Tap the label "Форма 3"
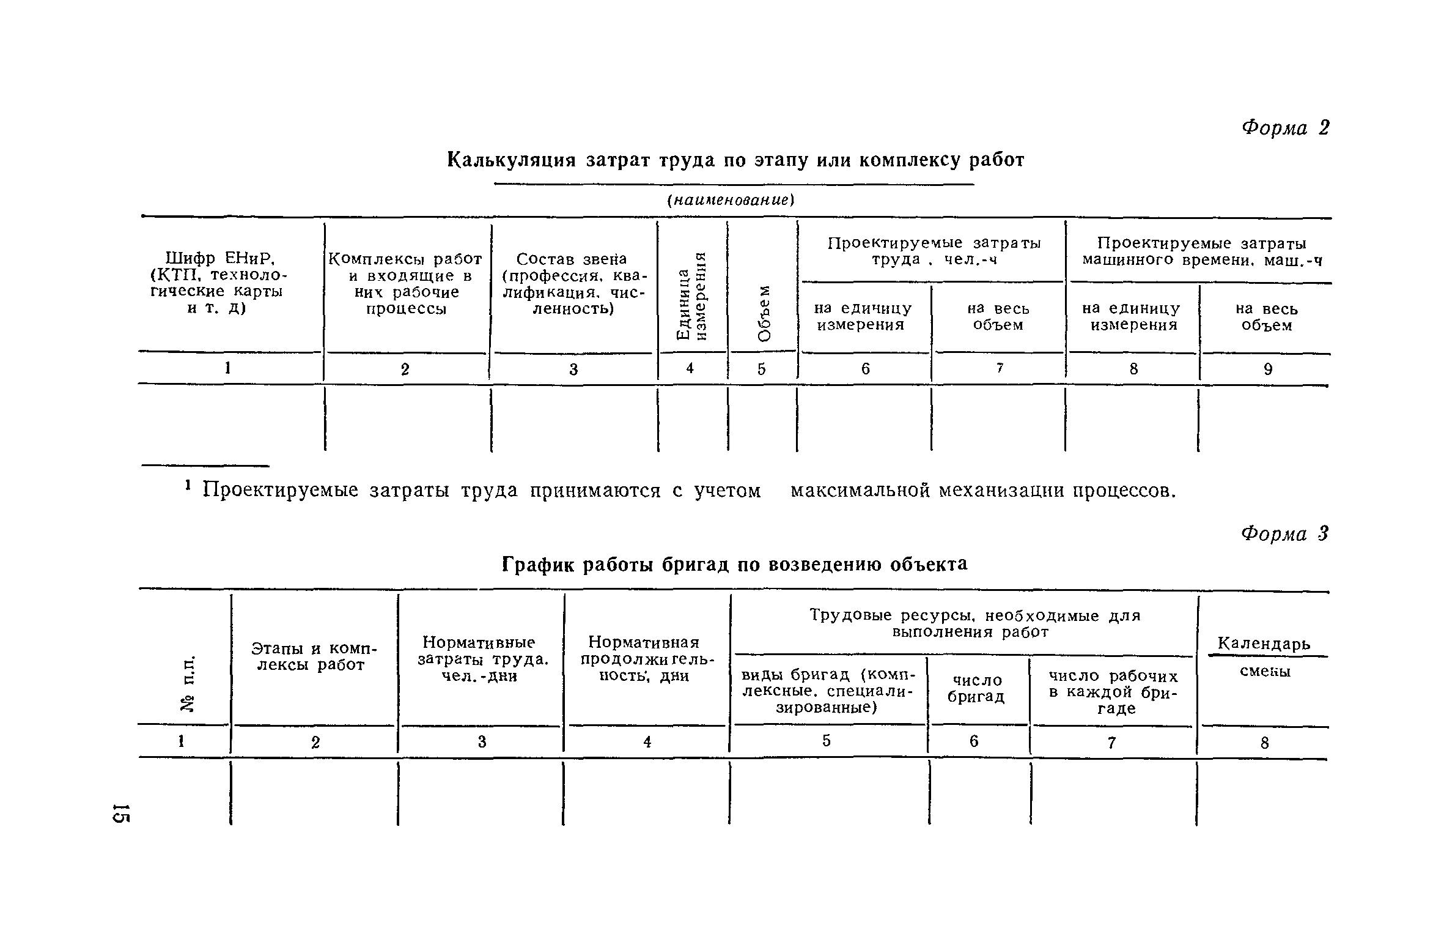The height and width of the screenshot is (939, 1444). [x=1284, y=534]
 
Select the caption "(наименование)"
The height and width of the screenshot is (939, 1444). [x=731, y=201]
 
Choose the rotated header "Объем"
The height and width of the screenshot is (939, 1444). [x=764, y=313]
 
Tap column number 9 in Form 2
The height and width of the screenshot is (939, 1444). [x=1267, y=369]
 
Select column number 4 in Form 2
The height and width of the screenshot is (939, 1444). [x=690, y=368]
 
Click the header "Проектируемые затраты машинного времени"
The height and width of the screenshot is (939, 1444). [x=1201, y=251]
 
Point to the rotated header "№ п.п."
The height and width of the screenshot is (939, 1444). [x=188, y=683]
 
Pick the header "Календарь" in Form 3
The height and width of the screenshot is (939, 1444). [x=1264, y=644]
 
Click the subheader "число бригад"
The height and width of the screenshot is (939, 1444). [x=976, y=688]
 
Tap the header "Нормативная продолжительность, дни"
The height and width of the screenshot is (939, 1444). [x=647, y=659]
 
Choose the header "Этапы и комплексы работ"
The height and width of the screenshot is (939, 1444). [x=314, y=656]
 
